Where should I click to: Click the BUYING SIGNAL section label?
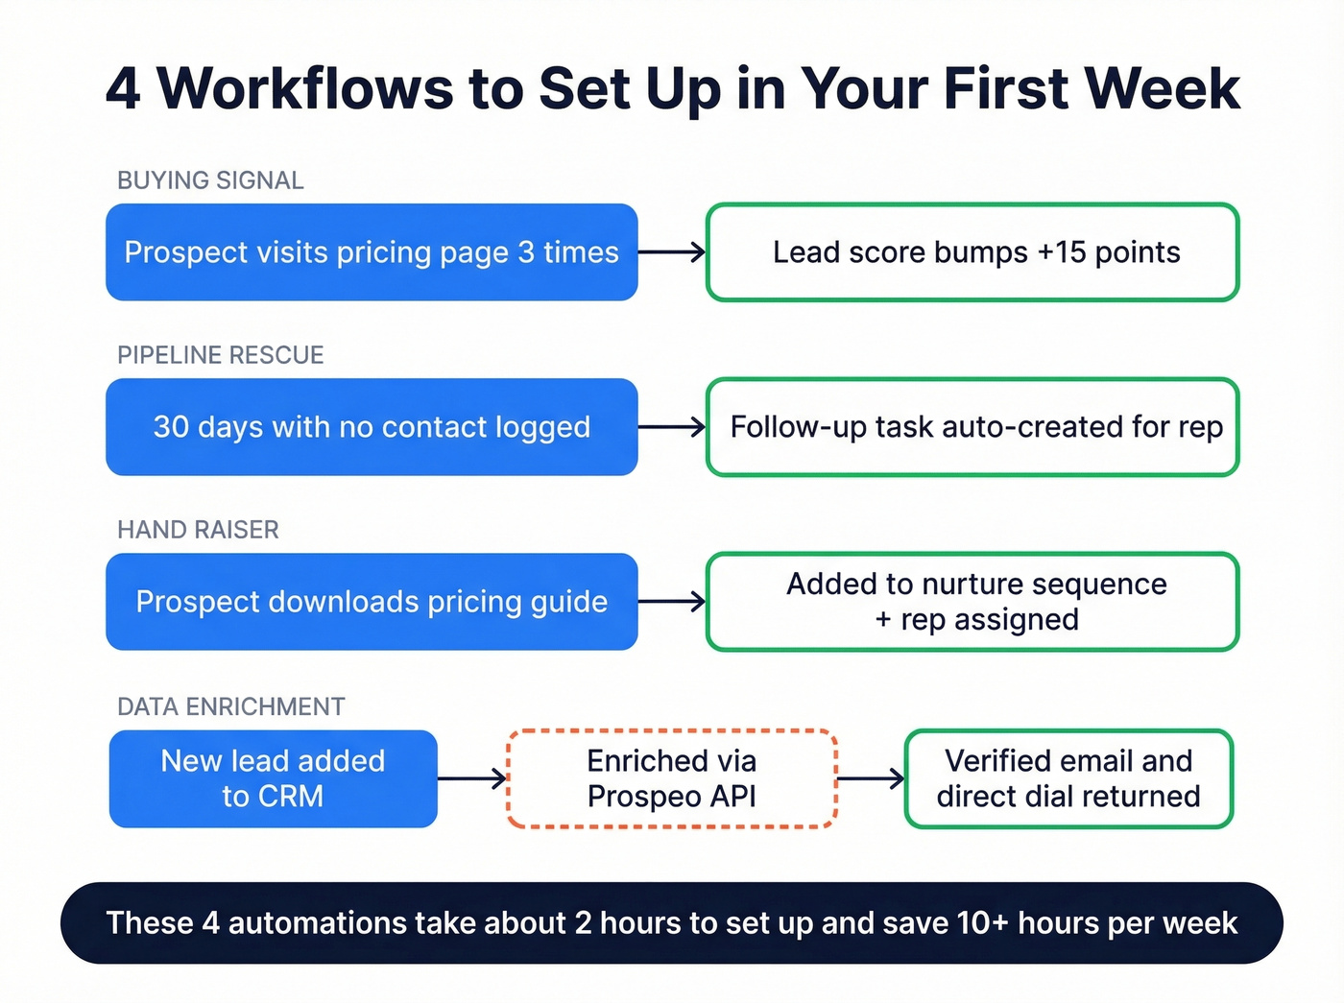(210, 180)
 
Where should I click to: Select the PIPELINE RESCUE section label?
(220, 355)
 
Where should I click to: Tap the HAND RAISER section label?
(198, 530)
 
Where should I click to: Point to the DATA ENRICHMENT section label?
(230, 706)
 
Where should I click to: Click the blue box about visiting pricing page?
(372, 252)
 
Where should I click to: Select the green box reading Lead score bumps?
(972, 252)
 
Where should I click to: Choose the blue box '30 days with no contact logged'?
(372, 427)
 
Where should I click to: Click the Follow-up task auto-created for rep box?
(972, 427)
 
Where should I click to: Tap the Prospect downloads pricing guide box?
(372, 602)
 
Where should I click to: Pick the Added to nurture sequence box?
(972, 602)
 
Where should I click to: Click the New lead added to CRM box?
(274, 778)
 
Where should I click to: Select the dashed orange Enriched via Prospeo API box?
(672, 778)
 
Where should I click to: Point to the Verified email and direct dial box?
(1068, 778)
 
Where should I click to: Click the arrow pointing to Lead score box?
(672, 252)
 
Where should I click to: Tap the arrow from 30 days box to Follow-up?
(672, 427)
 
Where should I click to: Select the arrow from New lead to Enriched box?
(472, 778)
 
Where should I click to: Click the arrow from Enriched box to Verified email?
(871, 778)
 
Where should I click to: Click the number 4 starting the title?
(123, 89)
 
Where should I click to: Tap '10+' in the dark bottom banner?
(982, 923)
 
